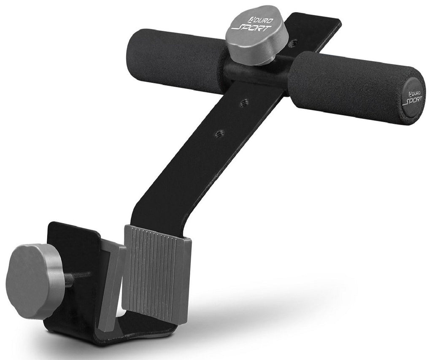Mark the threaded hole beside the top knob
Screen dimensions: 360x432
[294, 42]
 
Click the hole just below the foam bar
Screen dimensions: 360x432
[243, 103]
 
